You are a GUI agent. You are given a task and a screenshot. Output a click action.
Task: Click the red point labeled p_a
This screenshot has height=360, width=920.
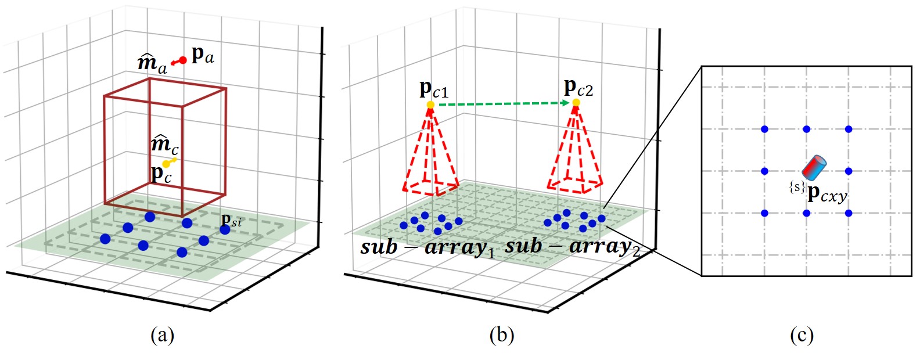183,60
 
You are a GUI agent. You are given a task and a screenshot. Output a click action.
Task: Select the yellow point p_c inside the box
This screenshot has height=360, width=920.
166,164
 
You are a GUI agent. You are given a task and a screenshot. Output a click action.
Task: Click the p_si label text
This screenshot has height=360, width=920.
231,220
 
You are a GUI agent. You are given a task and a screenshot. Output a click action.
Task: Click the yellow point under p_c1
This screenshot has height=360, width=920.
430,105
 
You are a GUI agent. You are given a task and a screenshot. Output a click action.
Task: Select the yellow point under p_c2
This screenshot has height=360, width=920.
576,103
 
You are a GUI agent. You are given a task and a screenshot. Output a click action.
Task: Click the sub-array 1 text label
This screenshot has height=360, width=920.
427,248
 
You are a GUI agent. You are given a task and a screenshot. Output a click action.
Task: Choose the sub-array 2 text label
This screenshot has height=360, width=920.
572,247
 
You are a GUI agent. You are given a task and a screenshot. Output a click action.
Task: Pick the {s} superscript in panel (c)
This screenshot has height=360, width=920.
797,187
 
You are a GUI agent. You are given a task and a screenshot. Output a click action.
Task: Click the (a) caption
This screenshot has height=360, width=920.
162,335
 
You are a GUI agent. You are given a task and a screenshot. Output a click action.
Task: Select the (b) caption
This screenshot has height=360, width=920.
501,335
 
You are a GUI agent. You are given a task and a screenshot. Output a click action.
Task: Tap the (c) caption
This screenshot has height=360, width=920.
802,335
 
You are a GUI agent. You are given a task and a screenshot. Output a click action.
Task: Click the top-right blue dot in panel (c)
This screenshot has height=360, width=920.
849,129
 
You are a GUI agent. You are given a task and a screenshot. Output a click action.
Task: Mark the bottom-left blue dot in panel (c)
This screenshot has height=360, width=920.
764,213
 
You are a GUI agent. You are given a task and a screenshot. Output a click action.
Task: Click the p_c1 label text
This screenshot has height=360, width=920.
434,89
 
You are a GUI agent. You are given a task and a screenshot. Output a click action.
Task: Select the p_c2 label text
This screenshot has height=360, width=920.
578,88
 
